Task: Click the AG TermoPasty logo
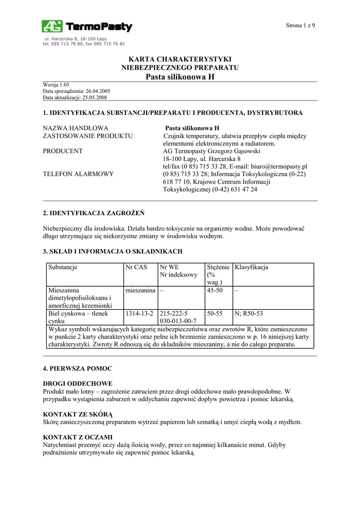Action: (x=87, y=27)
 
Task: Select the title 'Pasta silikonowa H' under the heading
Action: (x=180, y=77)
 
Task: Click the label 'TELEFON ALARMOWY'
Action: (x=79, y=174)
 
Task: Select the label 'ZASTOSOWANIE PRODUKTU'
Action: (x=88, y=136)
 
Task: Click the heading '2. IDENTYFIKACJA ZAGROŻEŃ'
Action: (x=94, y=213)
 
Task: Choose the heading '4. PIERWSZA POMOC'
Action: (x=78, y=368)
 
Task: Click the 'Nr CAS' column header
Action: (x=136, y=267)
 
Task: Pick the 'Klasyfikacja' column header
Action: (x=251, y=267)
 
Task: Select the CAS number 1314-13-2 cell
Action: (x=140, y=314)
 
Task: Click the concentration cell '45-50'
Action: (x=215, y=290)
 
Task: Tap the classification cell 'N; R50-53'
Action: (x=249, y=314)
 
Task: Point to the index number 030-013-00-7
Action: (x=178, y=321)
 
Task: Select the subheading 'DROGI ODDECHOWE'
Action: (x=78, y=383)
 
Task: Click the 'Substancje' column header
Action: (x=63, y=267)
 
